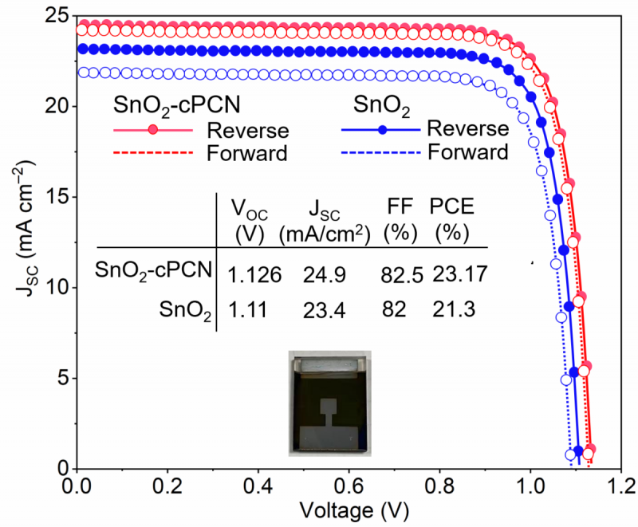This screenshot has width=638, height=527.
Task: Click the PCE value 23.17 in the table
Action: click(x=460, y=274)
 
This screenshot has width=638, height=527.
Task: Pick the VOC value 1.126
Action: click(x=255, y=275)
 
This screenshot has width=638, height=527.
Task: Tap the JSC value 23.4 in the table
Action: click(x=324, y=309)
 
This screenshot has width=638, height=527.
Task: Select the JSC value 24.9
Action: click(x=324, y=275)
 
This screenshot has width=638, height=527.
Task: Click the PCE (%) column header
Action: click(x=451, y=220)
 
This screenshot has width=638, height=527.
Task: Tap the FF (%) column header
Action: click(x=396, y=220)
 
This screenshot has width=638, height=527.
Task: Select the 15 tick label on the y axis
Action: click(x=61, y=197)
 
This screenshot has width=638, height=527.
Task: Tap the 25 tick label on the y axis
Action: click(x=61, y=16)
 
